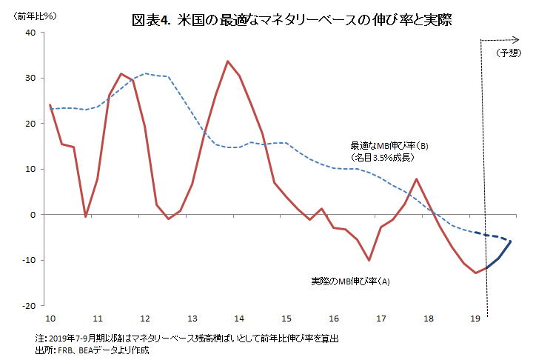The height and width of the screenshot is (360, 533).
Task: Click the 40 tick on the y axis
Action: point(31,33)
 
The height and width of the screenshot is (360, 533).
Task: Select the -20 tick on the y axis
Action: point(29,305)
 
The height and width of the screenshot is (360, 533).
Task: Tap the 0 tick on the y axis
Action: point(33,215)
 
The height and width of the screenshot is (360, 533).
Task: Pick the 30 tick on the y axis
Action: point(31,79)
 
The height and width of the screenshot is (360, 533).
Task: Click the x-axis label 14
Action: point(240,318)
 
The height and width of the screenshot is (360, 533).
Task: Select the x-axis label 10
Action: point(50,318)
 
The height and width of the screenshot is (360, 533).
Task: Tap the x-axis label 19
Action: point(476,318)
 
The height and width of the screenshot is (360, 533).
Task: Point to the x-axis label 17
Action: point(382,318)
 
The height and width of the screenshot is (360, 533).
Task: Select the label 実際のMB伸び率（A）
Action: point(350,281)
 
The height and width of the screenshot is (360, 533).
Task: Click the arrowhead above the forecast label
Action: point(516,39)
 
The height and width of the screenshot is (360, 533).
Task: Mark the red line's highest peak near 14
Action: point(227,61)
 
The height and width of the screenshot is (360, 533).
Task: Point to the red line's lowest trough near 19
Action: point(476,273)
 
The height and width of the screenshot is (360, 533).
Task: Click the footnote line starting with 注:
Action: point(189,337)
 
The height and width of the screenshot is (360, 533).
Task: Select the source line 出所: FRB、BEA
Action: point(93,349)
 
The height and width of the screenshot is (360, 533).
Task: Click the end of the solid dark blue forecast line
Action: point(511,241)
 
